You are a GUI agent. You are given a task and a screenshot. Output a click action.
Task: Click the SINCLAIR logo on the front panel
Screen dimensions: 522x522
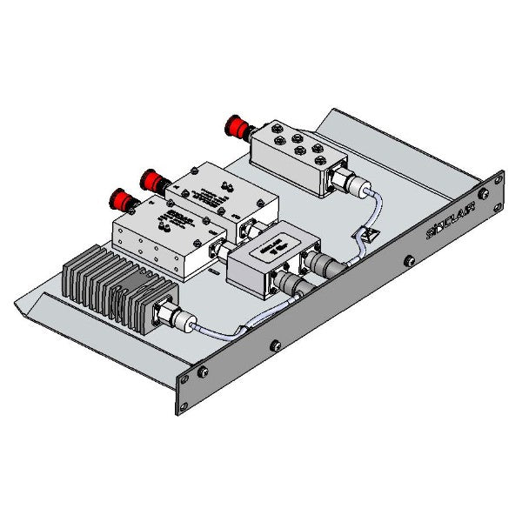[450, 227]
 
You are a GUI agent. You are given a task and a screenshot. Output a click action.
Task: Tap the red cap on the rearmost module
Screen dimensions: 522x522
[233, 125]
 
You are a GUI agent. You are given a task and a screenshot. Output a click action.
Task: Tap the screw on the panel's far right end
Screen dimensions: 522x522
[497, 178]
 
